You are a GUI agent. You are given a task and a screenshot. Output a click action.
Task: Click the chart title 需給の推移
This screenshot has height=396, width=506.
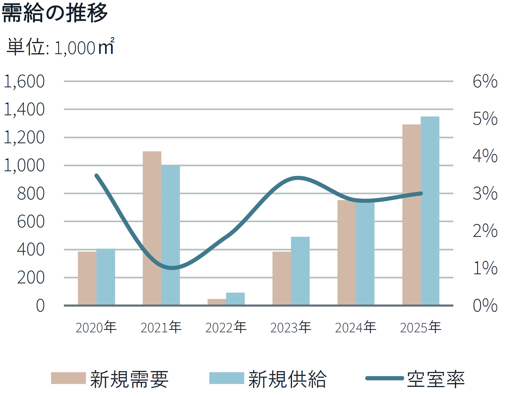coord(55,13)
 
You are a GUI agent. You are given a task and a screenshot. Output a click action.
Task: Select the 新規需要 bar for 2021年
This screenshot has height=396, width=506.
coord(152,228)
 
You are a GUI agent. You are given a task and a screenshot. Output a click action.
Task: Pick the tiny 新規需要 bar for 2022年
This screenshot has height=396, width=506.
coord(217,302)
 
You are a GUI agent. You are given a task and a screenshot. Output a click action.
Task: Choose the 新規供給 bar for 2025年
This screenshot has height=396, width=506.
coord(430,210)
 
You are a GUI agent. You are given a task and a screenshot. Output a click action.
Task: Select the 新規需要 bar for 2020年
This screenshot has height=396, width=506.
coord(87,278)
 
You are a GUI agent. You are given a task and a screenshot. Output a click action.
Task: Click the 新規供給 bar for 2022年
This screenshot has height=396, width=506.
coord(235,298)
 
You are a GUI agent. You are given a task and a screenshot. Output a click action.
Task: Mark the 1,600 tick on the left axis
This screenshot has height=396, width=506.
coord(24,82)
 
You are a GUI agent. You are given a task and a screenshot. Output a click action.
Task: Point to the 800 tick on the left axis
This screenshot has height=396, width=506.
coord(31,194)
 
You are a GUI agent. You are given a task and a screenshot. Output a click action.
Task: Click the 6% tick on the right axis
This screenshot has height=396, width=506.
coord(485,82)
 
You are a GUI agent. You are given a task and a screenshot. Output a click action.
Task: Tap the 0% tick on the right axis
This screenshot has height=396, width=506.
coord(485,306)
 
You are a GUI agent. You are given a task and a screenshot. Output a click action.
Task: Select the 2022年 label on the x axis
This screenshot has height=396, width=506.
coord(226,327)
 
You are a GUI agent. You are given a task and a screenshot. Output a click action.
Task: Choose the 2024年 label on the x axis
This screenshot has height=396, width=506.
coord(356,327)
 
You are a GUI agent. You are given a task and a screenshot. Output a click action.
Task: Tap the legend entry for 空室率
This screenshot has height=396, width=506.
coord(416,378)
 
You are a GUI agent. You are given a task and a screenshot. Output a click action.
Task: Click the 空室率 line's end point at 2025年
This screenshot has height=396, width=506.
coord(421,193)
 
